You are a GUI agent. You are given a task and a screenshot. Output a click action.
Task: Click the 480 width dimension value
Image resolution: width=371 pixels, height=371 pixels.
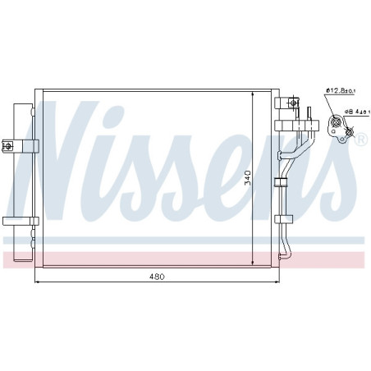tap(157, 277)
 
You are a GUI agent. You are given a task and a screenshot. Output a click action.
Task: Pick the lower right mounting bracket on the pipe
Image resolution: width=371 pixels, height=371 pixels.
tap(285, 218)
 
